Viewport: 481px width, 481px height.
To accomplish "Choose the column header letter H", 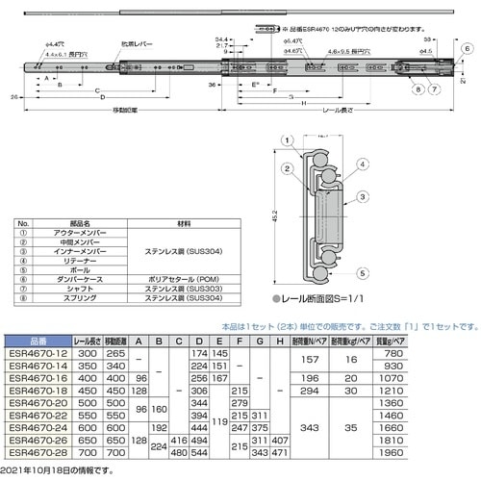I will coord(278,341).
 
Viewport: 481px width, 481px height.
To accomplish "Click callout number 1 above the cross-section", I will coord(286,140).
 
